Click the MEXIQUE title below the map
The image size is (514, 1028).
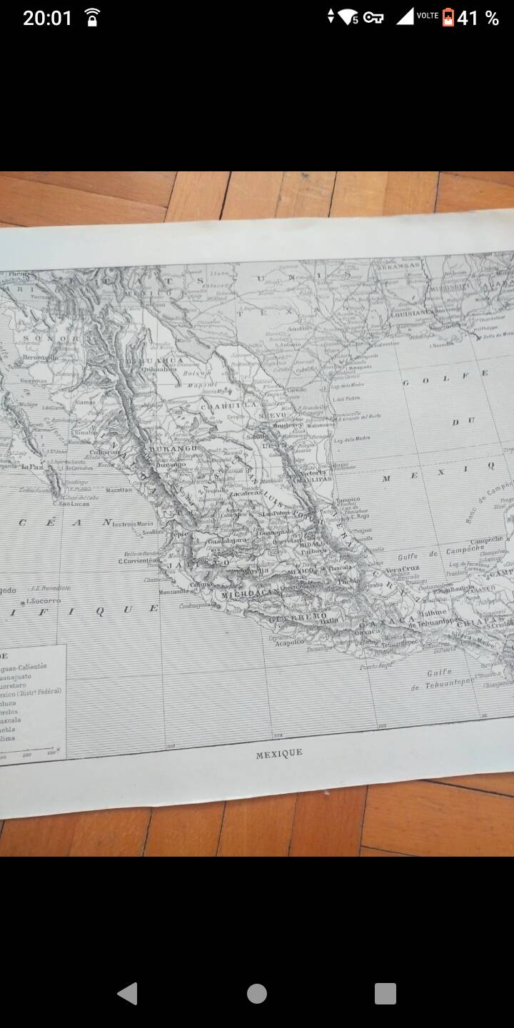coord(279,753)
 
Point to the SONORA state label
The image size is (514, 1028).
coord(49,338)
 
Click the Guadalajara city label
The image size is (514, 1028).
coord(226,541)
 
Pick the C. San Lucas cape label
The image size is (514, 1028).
coord(73,503)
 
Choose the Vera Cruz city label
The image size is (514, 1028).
coord(403,569)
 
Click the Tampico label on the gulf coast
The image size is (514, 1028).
coord(348,500)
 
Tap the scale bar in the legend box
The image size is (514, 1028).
coord(29,750)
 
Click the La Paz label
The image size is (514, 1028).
coord(31,467)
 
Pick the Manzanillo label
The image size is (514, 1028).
coord(175,591)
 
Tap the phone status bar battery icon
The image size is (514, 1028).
coord(448,17)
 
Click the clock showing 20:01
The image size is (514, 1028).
coord(47,18)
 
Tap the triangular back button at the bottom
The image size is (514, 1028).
coord(128,993)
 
